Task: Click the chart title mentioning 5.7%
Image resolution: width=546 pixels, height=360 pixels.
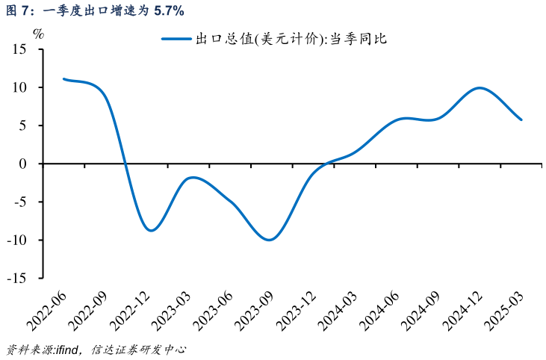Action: [94, 10]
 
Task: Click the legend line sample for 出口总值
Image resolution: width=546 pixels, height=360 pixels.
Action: [176, 40]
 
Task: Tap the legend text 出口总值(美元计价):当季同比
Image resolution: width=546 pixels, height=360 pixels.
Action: [291, 40]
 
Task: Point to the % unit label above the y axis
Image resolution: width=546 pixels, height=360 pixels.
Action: [39, 33]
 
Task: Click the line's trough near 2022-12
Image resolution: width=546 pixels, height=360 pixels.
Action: [152, 231]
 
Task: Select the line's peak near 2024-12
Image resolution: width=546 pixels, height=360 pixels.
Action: [479, 88]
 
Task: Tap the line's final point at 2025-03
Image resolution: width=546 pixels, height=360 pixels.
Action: [521, 120]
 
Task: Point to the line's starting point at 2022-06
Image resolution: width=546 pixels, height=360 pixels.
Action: [63, 78]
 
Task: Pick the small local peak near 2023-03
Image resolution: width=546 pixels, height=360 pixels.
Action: [193, 177]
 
